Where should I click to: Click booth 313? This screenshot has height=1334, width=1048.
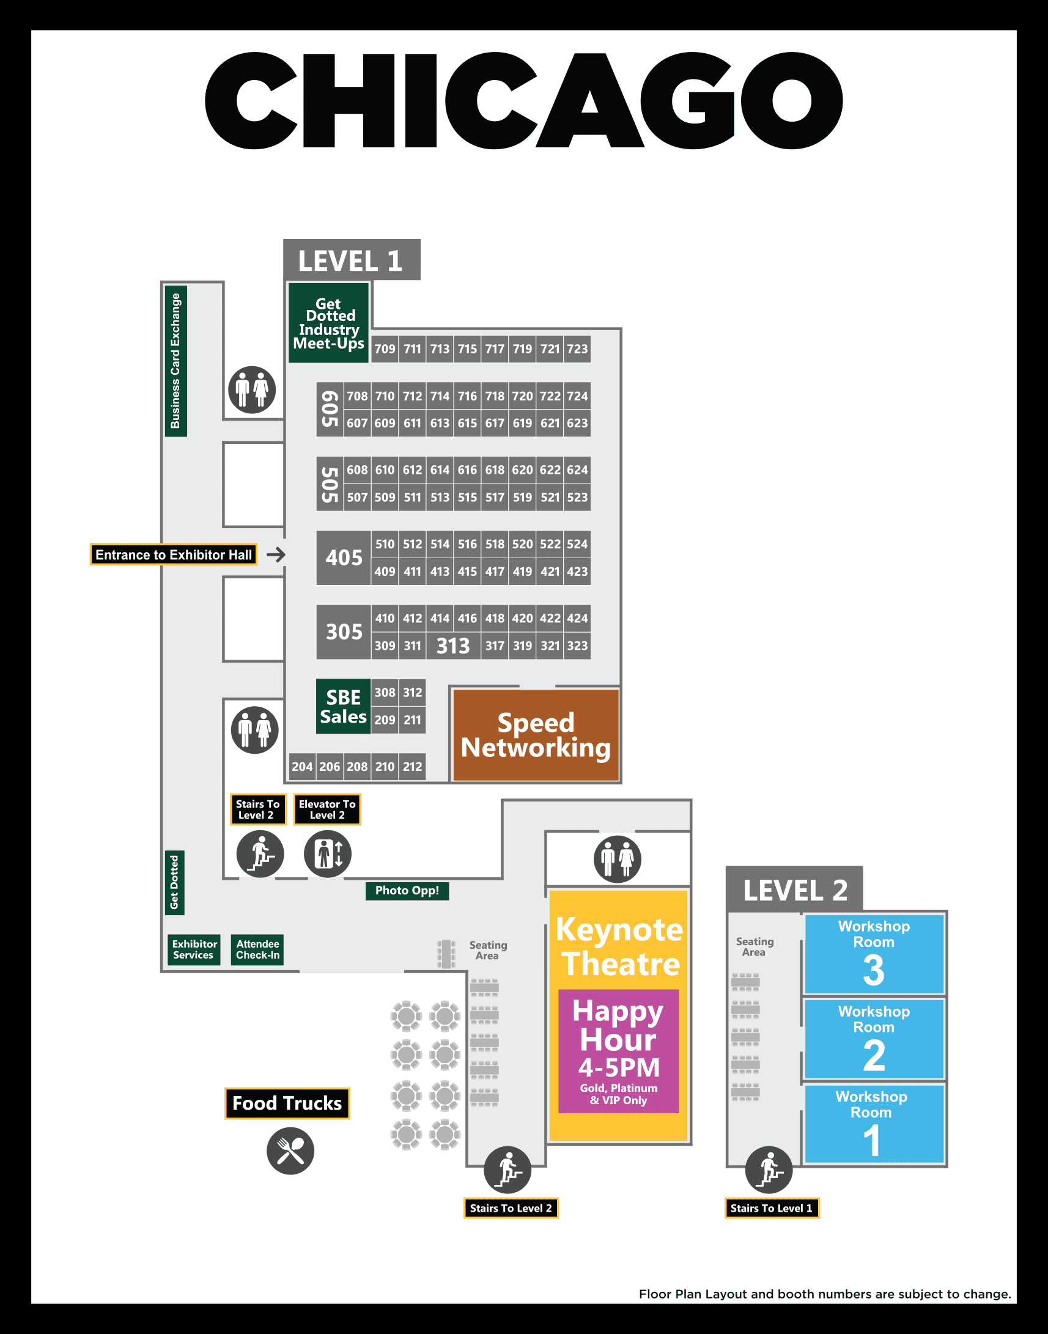pyautogui.click(x=453, y=646)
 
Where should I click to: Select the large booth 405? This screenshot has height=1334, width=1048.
pyautogui.click(x=344, y=558)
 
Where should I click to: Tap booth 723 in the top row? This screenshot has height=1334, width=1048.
pyautogui.click(x=577, y=348)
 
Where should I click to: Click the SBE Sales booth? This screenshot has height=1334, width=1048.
pyautogui.click(x=343, y=706)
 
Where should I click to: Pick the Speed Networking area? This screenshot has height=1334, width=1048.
pyautogui.click(x=536, y=735)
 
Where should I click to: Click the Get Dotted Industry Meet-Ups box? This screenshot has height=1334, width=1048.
pyautogui.click(x=328, y=323)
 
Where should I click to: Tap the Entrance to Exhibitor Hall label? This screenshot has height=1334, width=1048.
pyautogui.click(x=174, y=555)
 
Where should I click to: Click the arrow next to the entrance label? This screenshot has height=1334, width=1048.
pyautogui.click(x=276, y=555)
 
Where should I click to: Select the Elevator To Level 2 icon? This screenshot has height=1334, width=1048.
pyautogui.click(x=328, y=853)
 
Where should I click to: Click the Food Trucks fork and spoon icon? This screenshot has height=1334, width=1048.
pyautogui.click(x=290, y=1151)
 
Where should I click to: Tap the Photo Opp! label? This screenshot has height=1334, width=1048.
pyautogui.click(x=407, y=890)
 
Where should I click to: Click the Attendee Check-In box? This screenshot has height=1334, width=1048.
pyautogui.click(x=257, y=949)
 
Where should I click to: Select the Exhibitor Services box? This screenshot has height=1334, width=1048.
pyautogui.click(x=194, y=949)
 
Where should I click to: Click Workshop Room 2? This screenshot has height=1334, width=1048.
pyautogui.click(x=874, y=1039)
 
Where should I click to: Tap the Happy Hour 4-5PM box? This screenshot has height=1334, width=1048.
pyautogui.click(x=619, y=1050)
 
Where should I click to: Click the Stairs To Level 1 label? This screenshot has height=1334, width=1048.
pyautogui.click(x=771, y=1208)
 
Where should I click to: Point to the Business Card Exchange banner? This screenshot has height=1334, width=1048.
pyautogui.click(x=175, y=361)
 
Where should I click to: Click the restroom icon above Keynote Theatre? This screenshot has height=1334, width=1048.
pyautogui.click(x=618, y=859)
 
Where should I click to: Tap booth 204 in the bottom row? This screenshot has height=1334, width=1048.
pyautogui.click(x=302, y=767)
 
